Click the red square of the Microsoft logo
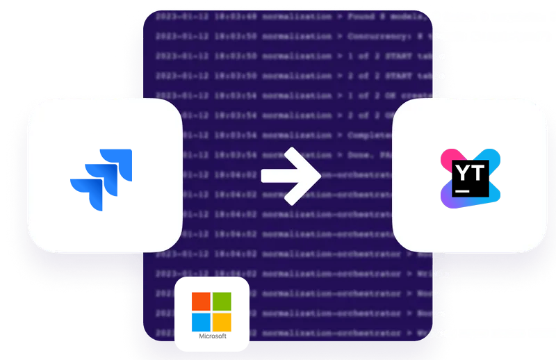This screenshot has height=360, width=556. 202,302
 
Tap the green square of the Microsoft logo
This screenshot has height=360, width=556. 222,302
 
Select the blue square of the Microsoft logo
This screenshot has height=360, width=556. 202,322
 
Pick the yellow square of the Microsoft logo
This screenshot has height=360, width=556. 222,322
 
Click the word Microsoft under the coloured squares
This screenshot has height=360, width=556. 212,338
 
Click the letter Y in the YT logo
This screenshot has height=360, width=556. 462,169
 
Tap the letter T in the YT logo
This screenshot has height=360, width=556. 477,169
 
